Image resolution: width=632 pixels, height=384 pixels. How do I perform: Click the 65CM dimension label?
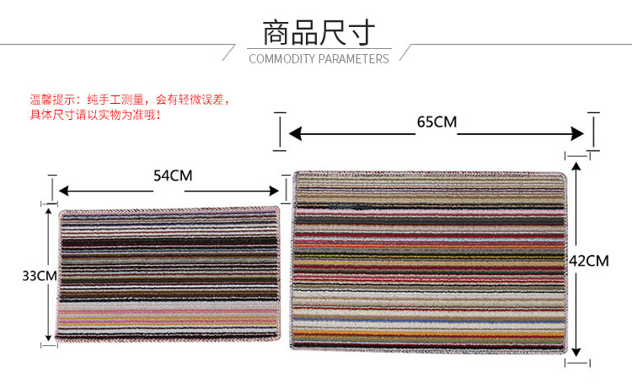click(437, 122)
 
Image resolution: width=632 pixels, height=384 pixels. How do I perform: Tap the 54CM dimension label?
click(172, 176)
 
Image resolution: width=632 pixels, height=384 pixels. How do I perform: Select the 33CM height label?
click(39, 275)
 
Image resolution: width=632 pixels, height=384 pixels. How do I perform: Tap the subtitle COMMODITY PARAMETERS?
click(319, 59)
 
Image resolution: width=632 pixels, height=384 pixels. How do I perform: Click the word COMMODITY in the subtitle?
click(282, 59)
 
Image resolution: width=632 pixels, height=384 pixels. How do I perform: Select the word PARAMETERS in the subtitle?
click(354, 59)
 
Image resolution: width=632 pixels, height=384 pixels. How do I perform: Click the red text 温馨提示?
click(52, 99)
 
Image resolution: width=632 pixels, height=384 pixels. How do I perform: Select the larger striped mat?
click(429, 262)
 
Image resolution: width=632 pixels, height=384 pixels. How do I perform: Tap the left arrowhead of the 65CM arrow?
click(292, 133)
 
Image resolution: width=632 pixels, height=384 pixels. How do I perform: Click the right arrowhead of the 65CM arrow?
click(580, 133)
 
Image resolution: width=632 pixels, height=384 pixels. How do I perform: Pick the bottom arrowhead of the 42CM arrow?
click(576, 354)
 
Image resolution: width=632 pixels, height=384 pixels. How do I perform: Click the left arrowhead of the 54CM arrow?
click(62, 191)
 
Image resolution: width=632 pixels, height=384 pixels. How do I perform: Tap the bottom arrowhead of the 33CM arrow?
click(49, 338)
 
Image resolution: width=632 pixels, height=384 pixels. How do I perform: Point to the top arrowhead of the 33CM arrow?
click(49, 210)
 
